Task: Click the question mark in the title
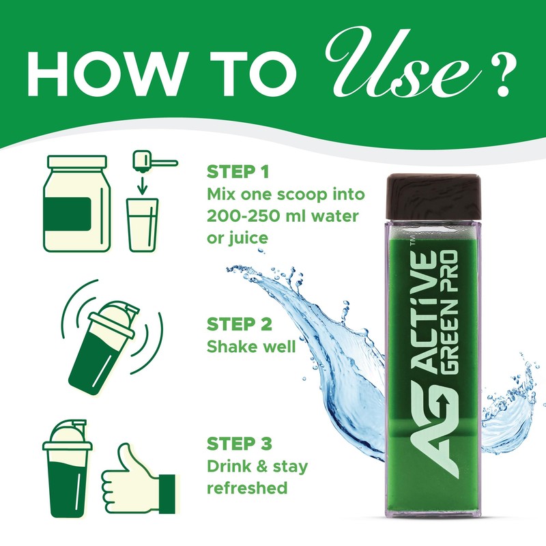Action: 501,73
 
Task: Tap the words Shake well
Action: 250,347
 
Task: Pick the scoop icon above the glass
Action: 151,162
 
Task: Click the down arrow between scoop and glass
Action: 142,185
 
